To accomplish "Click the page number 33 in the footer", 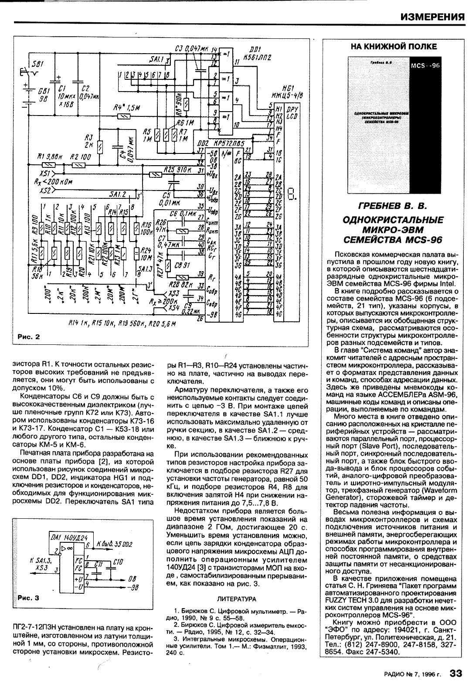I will pyautogui.click(x=455, y=673).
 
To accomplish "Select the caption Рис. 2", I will pyautogui.click(x=28, y=336).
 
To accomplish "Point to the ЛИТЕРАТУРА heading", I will pyautogui.click(x=236, y=599).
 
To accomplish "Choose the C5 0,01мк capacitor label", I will pyautogui.click(x=165, y=198).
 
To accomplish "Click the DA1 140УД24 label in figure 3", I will pyautogui.click(x=64, y=538).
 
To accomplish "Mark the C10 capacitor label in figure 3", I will pyautogui.click(x=117, y=563).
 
